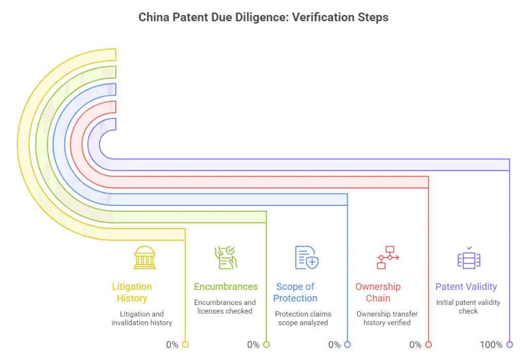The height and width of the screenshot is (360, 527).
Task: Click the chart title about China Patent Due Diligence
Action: click(263, 18)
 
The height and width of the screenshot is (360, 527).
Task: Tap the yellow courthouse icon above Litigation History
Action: click(145, 258)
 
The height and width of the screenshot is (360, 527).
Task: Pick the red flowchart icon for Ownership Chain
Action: click(388, 258)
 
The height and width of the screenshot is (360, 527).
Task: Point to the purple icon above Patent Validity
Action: click(469, 258)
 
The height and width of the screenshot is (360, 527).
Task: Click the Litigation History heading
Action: click(132, 292)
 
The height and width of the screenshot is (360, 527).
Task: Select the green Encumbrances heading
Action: click(225, 286)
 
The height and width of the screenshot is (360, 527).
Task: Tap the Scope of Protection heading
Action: click(295, 292)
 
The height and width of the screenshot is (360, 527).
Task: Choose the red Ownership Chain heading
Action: click(378, 292)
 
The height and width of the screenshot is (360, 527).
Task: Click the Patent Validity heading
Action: click(466, 286)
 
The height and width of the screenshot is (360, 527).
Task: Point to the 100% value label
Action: click(491, 345)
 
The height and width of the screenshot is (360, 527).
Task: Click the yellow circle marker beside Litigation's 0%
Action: click(185, 345)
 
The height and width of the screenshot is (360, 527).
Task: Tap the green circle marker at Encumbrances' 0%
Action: click(267, 345)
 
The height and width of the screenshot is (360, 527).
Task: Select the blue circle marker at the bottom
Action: click(347, 345)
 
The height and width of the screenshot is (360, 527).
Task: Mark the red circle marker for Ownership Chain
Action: click(429, 345)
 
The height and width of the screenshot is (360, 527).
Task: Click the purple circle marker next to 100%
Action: click(510, 345)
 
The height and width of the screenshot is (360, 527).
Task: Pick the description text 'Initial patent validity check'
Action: click(468, 306)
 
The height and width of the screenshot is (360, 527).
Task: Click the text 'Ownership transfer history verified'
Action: click(387, 318)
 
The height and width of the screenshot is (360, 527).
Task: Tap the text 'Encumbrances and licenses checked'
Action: click(225, 306)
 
